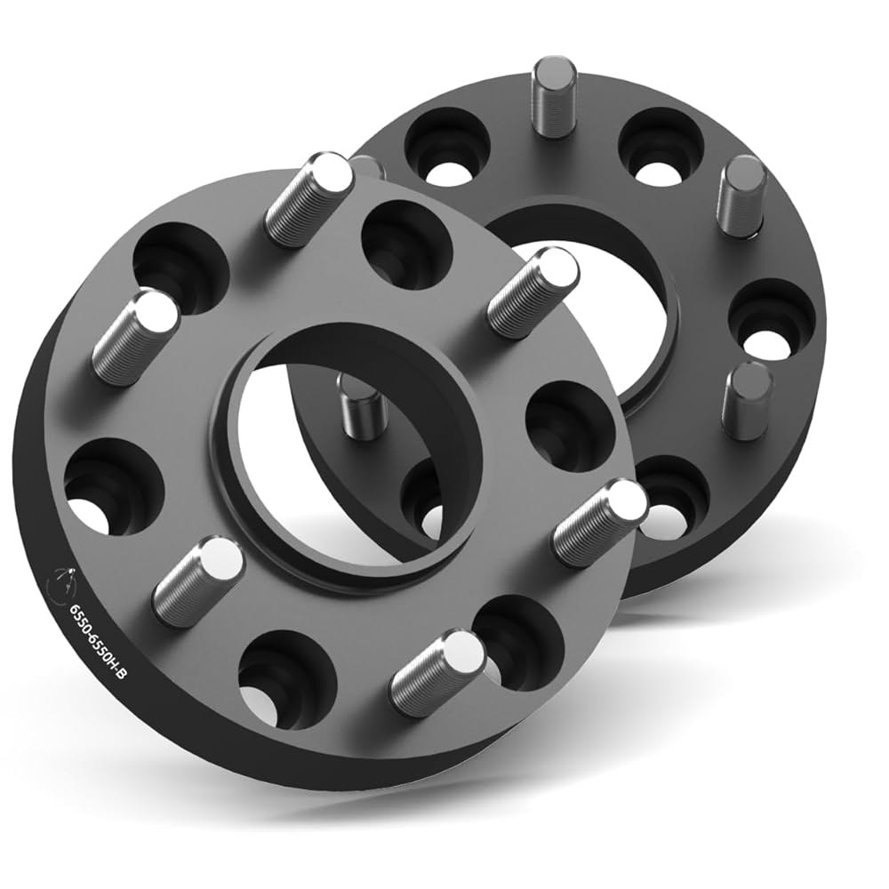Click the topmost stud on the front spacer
tap(309, 196)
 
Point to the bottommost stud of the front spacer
tap(438, 668)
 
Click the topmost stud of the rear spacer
tap(555, 96)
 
